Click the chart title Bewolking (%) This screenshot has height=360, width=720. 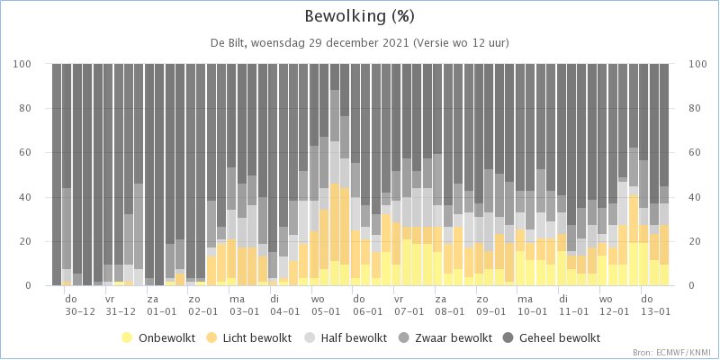pos(359,17)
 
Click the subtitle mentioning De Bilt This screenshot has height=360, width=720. pos(359,43)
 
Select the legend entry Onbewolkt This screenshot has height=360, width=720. pos(158,338)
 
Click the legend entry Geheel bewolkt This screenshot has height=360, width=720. pos(553,338)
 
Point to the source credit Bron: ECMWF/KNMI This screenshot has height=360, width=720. pos(675,353)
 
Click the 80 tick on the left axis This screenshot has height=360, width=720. pos(37,108)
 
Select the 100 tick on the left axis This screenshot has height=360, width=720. pos(35,64)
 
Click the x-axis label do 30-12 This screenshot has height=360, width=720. pos(79,305)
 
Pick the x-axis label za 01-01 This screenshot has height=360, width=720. pos(162,305)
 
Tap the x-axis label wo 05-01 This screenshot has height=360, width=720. pos(326,305)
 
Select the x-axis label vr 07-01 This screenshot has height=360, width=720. pos(409,305)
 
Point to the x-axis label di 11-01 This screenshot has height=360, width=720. pos(573,305)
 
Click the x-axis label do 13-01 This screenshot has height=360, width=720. pos(656,305)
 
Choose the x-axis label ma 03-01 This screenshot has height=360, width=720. pos(244,305)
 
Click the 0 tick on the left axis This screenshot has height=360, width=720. pos(40,286)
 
